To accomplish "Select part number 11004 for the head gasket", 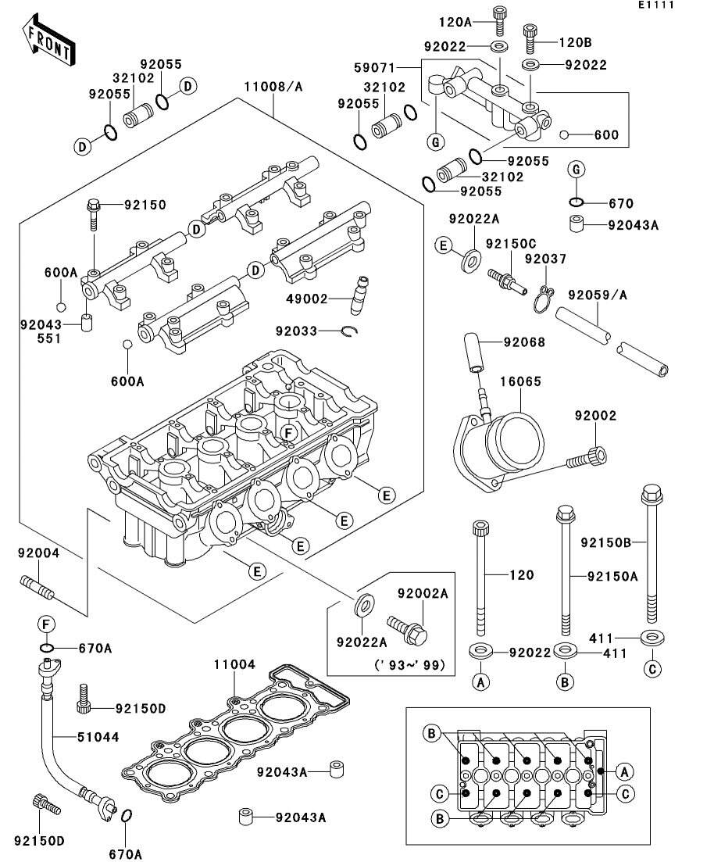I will click(235, 664).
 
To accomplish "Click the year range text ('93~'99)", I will click(409, 665).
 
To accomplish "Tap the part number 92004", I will click(39, 553).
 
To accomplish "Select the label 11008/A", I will click(273, 86).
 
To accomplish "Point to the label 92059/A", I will click(598, 295).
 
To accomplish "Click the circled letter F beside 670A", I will click(46, 624).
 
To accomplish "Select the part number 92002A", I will click(423, 594).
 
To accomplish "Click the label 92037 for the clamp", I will click(545, 259).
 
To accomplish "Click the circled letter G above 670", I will click(576, 170).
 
